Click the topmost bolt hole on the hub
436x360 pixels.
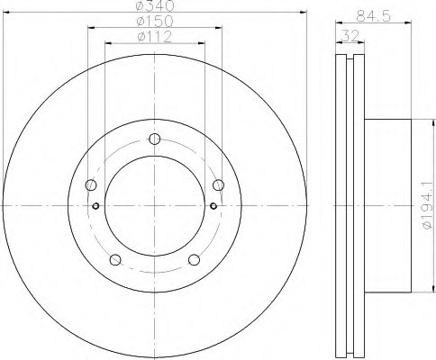[154, 138]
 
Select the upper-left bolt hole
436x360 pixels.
[91, 185]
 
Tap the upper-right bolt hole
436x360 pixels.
[218, 185]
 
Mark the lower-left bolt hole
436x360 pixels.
[114, 261]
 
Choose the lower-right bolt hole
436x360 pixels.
[194, 261]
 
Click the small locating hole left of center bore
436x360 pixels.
[96, 205]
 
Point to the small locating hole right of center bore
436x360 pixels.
[213, 205]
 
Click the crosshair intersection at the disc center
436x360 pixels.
[154, 205]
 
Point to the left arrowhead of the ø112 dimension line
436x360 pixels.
[108, 44]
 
